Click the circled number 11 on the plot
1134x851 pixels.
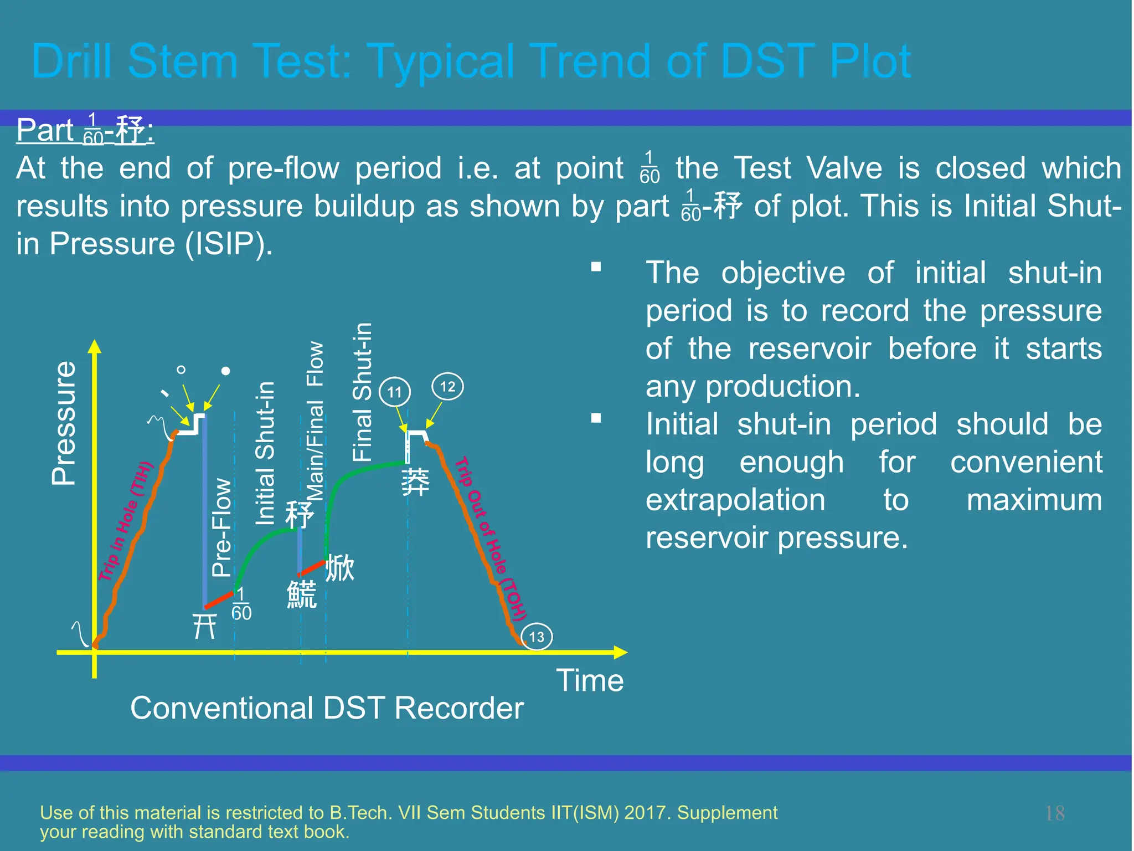tap(394, 392)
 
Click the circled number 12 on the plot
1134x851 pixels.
tap(447, 386)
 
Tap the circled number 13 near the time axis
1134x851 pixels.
tap(537, 637)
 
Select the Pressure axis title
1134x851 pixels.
tap(64, 423)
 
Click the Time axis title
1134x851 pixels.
tap(590, 680)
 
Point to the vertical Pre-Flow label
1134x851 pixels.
tap(221, 527)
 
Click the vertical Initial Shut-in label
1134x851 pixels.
tap(265, 453)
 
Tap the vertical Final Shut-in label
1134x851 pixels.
tap(362, 392)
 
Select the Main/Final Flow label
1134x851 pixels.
tap(315, 421)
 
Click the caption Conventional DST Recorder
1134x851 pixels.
tap(327, 708)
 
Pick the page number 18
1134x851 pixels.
tap(1054, 813)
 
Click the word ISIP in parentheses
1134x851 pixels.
tap(229, 243)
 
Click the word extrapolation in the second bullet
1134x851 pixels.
tap(735, 500)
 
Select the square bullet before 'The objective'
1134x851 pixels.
tap(596, 267)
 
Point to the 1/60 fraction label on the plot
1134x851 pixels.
tap(241, 604)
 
